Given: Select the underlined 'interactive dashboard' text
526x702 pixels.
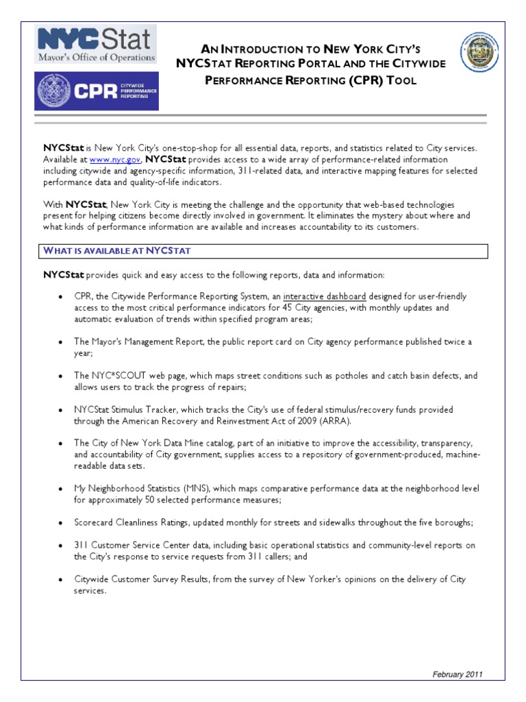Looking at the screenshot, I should tap(325, 297).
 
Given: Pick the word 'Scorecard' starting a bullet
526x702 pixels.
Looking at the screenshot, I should tap(95, 522).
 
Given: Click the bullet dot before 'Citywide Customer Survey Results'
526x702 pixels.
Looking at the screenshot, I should tap(62, 579).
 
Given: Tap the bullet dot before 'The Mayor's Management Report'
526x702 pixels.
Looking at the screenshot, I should tap(62, 341).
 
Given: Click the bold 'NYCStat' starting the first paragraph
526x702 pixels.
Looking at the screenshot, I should tap(63, 148).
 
